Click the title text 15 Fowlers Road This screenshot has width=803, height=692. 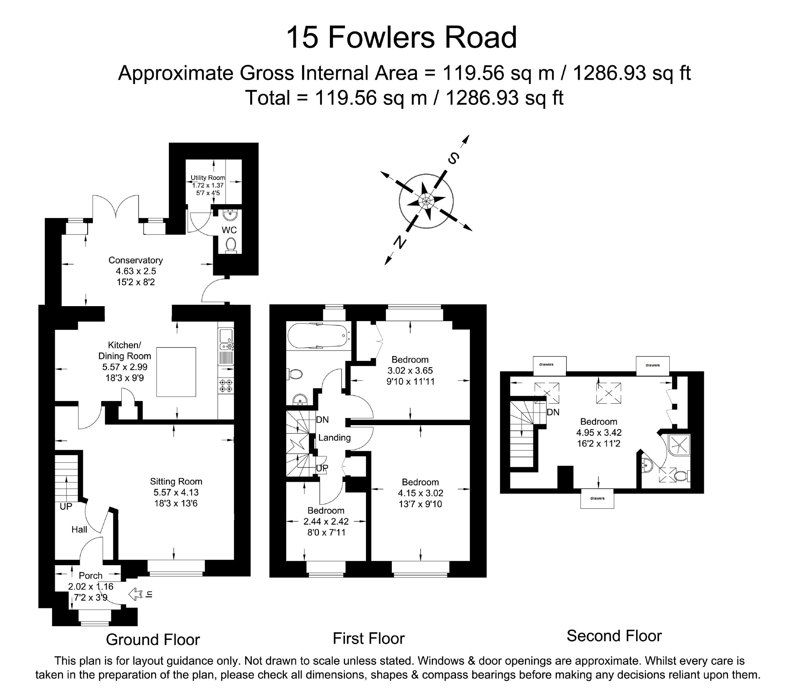coord(401,37)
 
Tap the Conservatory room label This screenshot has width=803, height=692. coord(136,260)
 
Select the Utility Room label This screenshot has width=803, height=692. coord(208,178)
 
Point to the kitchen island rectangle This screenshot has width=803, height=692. coord(176,372)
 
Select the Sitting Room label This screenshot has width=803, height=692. coord(176,481)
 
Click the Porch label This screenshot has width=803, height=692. coord(90,575)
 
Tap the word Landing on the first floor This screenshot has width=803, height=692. coord(335,437)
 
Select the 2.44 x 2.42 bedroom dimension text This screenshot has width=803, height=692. coord(326,521)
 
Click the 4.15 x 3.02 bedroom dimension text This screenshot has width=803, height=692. coord(420,493)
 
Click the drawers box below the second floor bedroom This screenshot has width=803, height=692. coord(597,498)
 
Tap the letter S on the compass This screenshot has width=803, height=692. coord(453,159)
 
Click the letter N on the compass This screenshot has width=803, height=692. coord(399,242)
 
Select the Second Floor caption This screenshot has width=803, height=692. coord(614,647)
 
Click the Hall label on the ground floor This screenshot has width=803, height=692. coord(79,529)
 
